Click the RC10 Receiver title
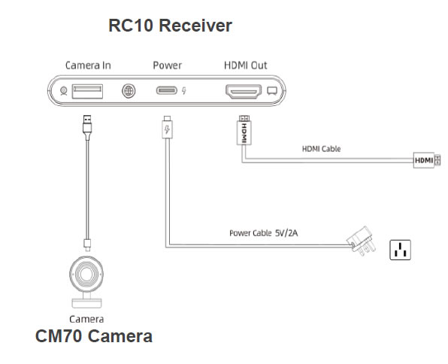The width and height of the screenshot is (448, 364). click(171, 26)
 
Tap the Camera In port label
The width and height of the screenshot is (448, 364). click(88, 65)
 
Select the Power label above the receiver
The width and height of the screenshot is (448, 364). click(168, 65)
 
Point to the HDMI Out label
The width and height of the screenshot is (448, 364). click(246, 65)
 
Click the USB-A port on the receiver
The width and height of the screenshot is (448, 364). click(87, 91)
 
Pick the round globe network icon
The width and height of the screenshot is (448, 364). click(129, 91)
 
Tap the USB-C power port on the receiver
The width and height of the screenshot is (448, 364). click(167, 91)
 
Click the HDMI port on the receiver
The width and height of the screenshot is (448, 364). click(244, 92)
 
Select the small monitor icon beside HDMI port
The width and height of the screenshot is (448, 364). click(272, 91)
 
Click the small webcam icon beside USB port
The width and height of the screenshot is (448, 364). click(63, 91)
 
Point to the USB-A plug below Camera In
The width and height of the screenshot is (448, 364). click(87, 127)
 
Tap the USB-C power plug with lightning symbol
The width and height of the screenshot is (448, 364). click(167, 127)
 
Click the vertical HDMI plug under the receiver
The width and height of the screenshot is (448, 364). click(244, 130)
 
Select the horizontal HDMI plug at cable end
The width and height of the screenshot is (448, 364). click(427, 160)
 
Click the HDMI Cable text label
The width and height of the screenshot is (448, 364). click(322, 149)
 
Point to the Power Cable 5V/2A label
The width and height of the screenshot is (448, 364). click(263, 233)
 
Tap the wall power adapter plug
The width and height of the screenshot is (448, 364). click(361, 241)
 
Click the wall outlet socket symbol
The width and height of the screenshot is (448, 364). click(401, 250)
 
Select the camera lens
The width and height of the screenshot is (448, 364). click(86, 274)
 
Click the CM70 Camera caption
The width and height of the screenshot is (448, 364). click(94, 336)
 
